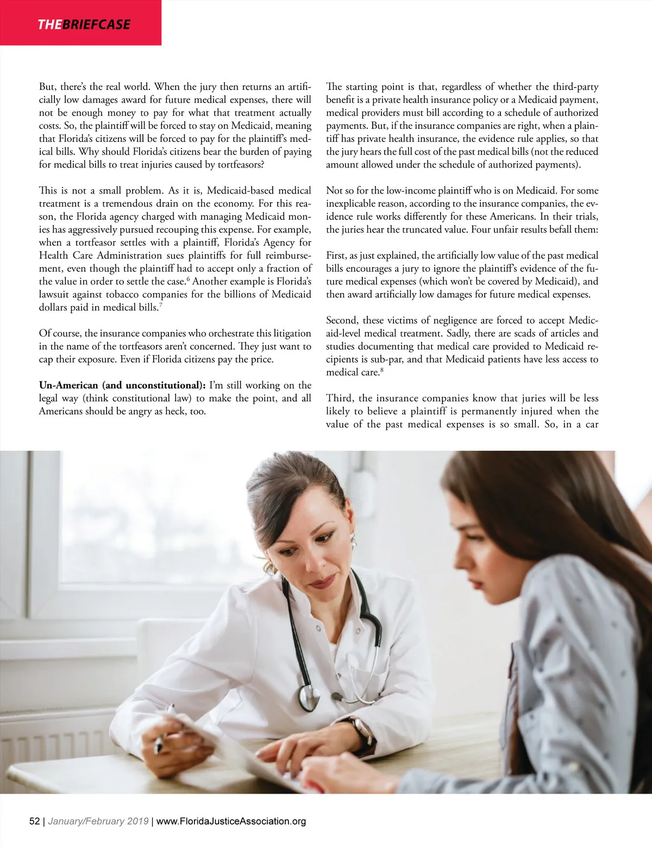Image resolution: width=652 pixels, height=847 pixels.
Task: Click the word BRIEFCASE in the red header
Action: point(96,24)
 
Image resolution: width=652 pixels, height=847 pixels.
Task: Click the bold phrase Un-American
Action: point(68,385)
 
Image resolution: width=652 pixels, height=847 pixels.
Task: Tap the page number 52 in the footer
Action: point(34,821)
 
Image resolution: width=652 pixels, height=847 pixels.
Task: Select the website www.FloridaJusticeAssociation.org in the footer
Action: point(231,821)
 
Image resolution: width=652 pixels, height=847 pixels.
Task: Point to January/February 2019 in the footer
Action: point(98,821)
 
